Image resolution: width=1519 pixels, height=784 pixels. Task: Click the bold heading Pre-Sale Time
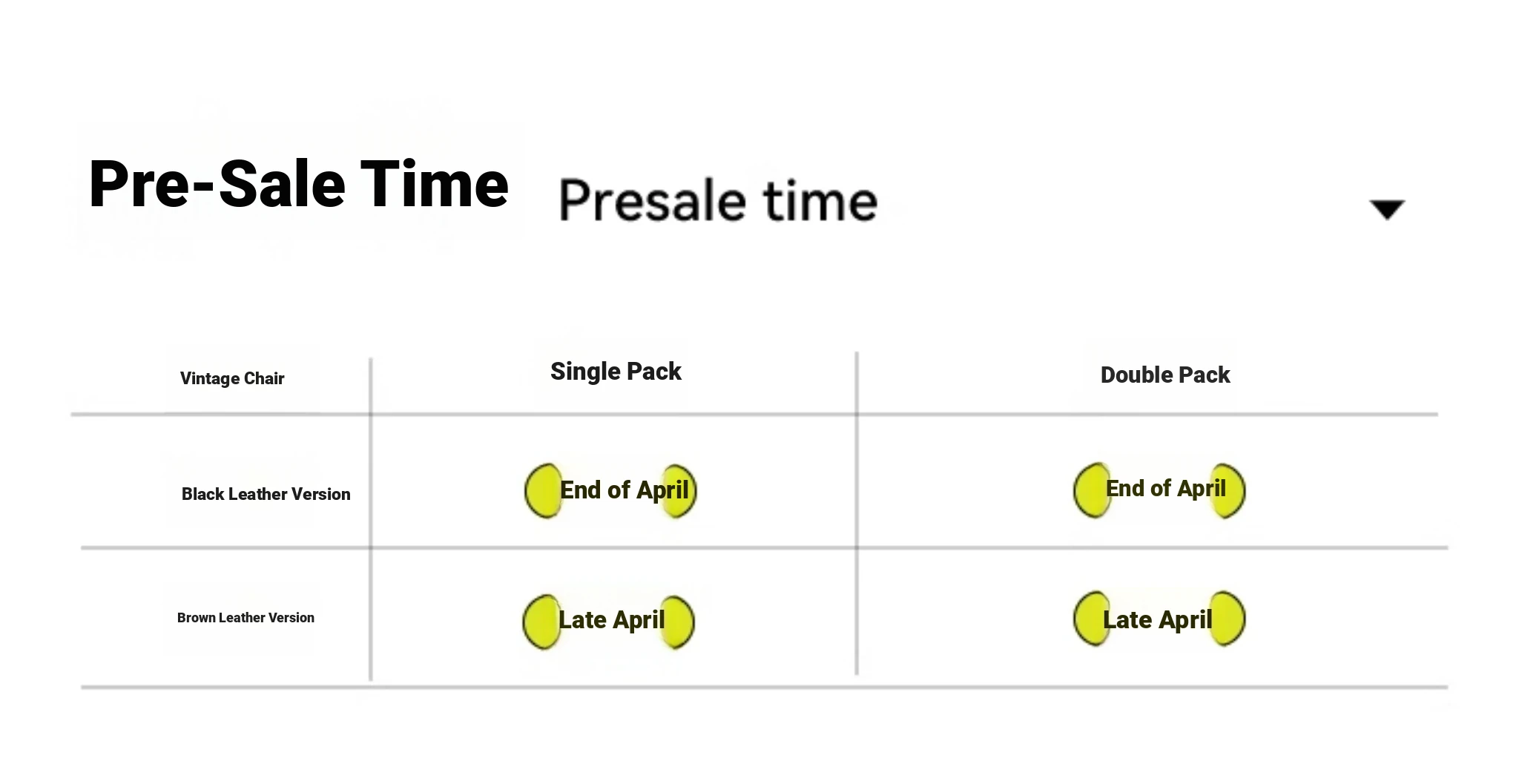(x=298, y=184)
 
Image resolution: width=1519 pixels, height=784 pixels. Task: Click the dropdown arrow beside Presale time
(x=1387, y=209)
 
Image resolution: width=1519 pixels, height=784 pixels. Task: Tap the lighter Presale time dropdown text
(x=718, y=200)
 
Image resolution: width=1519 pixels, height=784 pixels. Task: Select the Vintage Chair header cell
(x=232, y=378)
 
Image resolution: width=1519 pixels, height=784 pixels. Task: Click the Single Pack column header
(x=616, y=371)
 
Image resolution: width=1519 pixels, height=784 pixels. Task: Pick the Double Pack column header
(x=1165, y=375)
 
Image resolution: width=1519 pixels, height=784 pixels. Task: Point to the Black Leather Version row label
(x=266, y=494)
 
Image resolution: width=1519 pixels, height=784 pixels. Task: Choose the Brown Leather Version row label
(x=246, y=617)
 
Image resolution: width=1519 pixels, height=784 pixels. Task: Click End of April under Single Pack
(x=625, y=490)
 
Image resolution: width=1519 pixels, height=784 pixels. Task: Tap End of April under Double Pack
(x=1166, y=488)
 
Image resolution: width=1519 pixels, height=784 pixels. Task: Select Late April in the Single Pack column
(x=611, y=619)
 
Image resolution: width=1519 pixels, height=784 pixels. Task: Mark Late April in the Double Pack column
(x=1157, y=619)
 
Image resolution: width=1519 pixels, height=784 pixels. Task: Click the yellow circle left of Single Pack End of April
(x=543, y=491)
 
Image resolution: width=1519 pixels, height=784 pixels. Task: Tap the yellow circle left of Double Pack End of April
(x=1092, y=490)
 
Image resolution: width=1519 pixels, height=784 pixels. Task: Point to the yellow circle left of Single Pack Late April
(x=541, y=622)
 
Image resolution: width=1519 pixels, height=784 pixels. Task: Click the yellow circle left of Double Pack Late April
(x=1092, y=619)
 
